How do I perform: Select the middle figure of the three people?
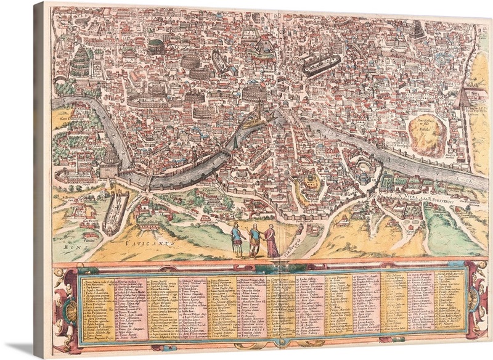(253, 240)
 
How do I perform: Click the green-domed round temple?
(157, 45)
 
